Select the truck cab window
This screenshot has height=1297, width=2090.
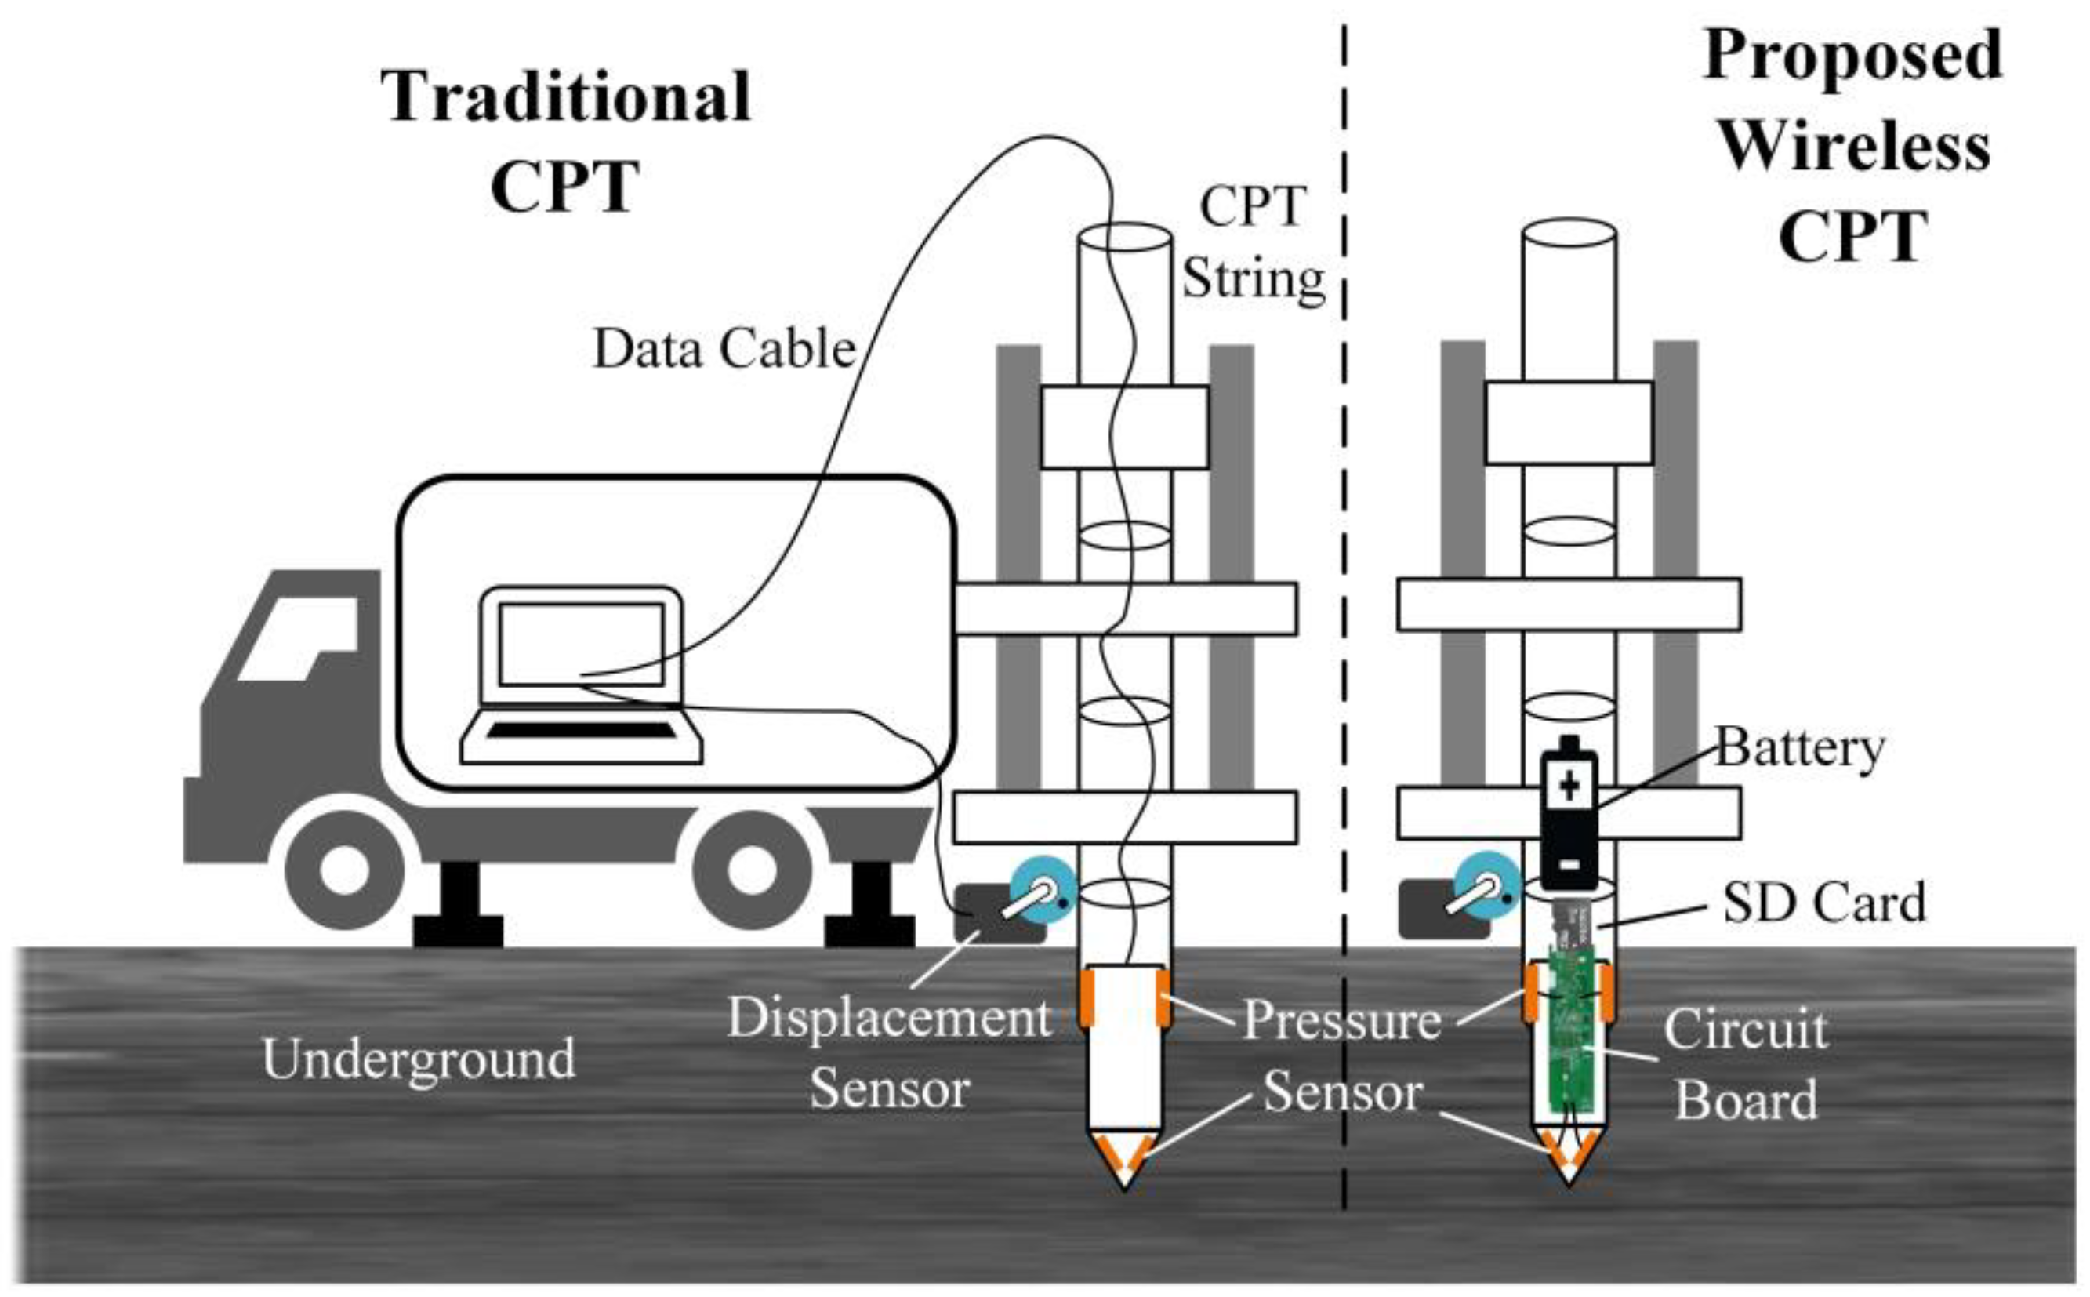[x=296, y=639]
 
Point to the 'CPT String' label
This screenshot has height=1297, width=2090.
[x=1252, y=243]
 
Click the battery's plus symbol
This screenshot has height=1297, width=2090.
[x=1569, y=786]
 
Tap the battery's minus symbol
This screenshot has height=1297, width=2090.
[x=1569, y=865]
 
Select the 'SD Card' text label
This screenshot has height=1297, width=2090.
[x=1823, y=903]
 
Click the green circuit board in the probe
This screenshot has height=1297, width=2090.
[x=1571, y=1030]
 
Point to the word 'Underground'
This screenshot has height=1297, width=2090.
[x=419, y=1059]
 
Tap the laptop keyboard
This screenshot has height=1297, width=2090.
[x=582, y=731]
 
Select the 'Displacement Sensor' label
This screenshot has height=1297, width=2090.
[x=889, y=1053]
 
